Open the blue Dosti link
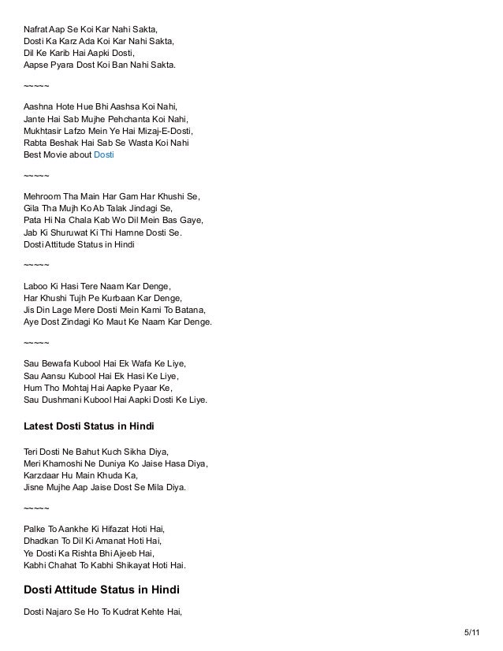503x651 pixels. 104,155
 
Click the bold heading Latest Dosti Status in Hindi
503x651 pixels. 89,426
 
